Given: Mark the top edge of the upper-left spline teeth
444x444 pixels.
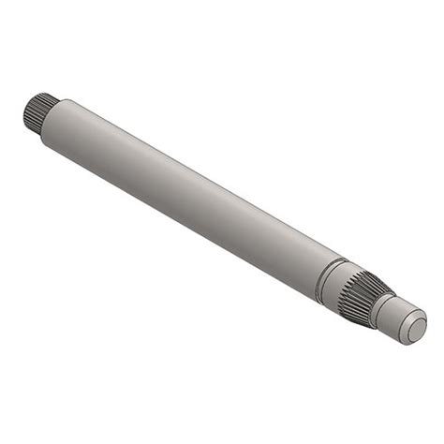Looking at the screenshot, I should tap(39, 96).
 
